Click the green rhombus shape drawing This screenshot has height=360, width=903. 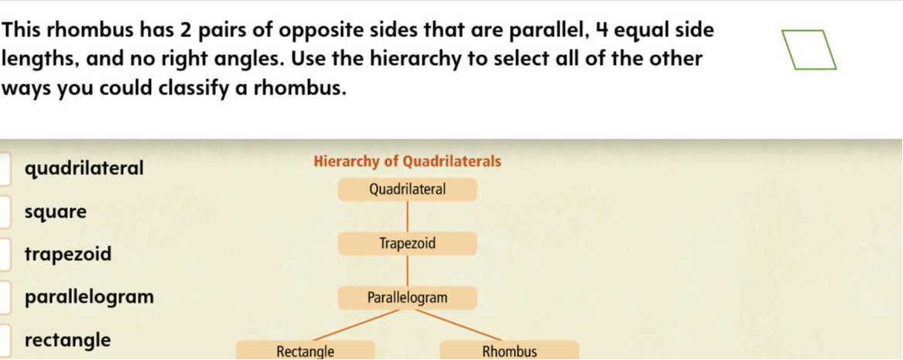tap(809, 50)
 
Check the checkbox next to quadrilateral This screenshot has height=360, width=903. tap(5, 169)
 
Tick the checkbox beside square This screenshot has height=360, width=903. tap(5, 212)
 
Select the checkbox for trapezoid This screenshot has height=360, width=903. tap(5, 255)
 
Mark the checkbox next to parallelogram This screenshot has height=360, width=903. tap(5, 297)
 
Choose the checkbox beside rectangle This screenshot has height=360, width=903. tap(5, 341)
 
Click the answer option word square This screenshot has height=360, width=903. tap(56, 212)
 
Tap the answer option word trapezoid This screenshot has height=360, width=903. tap(68, 255)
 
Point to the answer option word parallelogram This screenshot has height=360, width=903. tap(89, 297)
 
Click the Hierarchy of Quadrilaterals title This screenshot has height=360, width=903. tap(407, 162)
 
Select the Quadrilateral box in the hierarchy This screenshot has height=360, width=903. tap(407, 190)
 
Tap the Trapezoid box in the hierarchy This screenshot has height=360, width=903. tap(407, 244)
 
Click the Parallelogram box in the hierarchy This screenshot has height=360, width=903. tap(407, 298)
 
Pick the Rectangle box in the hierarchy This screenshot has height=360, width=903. tap(306, 351)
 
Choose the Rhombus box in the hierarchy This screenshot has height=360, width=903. tap(509, 351)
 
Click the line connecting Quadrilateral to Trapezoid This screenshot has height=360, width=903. tap(408, 217)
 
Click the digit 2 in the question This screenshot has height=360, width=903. tap(186, 31)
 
